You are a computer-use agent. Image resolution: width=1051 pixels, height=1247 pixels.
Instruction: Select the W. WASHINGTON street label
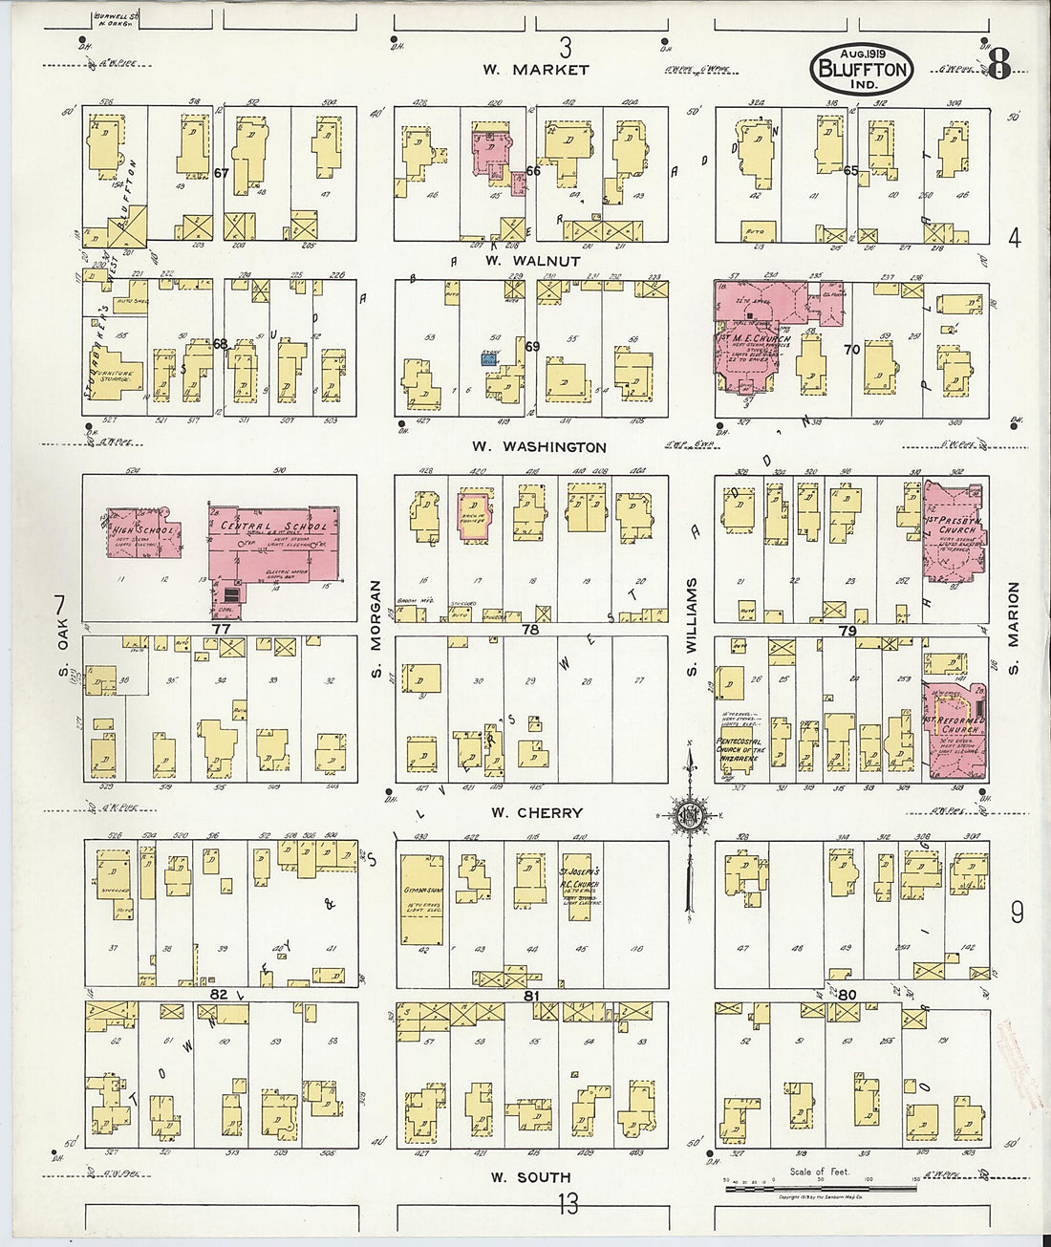coord(540,446)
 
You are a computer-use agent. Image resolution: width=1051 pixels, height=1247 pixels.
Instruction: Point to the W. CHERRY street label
coord(536,813)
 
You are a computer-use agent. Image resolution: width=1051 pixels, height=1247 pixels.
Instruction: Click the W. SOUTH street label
coord(530,1177)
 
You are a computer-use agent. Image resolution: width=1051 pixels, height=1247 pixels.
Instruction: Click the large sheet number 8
coord(998,65)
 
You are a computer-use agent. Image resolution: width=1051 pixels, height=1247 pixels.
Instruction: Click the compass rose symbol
coord(688,816)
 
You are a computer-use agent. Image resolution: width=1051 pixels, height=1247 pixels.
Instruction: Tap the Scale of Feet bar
coord(806,1188)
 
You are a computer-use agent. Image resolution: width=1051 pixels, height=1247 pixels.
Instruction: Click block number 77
coord(221,630)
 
